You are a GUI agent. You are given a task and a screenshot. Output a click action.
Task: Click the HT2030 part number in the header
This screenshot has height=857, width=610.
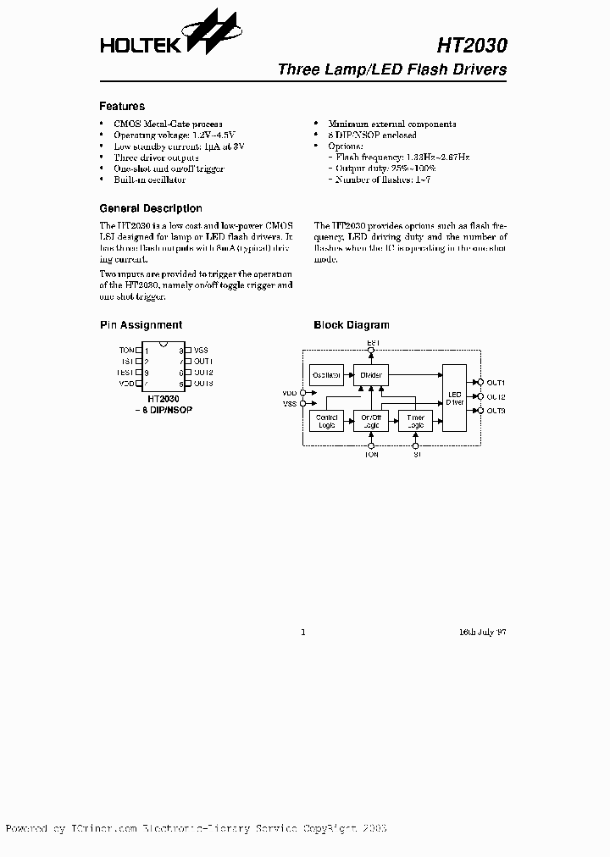point(473,44)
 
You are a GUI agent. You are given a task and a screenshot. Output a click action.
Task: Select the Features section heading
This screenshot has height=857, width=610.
point(122,107)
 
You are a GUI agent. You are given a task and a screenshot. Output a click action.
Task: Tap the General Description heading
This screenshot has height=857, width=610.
point(151,208)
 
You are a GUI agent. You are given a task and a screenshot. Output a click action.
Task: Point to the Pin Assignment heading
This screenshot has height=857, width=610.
point(141,325)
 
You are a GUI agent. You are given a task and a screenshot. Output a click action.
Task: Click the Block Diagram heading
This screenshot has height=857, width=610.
point(352,325)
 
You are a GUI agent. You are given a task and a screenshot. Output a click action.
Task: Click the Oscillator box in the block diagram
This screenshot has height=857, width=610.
point(326,374)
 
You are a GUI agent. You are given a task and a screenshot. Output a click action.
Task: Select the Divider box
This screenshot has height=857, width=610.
point(371,374)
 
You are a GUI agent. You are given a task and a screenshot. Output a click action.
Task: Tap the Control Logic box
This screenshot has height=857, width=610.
point(326,420)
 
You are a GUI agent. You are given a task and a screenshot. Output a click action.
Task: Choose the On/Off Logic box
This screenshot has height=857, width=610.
point(371,420)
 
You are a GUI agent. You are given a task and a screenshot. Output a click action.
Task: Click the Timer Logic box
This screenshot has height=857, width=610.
point(416,420)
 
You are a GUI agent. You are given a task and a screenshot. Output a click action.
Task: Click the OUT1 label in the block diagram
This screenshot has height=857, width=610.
point(496,384)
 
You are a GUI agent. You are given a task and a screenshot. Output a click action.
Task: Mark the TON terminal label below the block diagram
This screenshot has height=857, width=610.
point(372,455)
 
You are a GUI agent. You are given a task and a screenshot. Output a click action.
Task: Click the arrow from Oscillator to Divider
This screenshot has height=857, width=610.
point(348,374)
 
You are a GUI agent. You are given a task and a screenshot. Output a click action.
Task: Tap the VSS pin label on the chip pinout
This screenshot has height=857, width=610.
point(201,350)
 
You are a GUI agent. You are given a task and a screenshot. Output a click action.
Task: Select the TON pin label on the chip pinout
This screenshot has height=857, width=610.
point(126,350)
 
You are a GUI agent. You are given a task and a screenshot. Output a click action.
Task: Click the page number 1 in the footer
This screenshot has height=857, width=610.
point(302,632)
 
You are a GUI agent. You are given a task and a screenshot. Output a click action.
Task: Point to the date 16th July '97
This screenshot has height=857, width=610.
point(483,632)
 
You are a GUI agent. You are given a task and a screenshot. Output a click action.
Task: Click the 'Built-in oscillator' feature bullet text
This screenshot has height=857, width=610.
point(150,180)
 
